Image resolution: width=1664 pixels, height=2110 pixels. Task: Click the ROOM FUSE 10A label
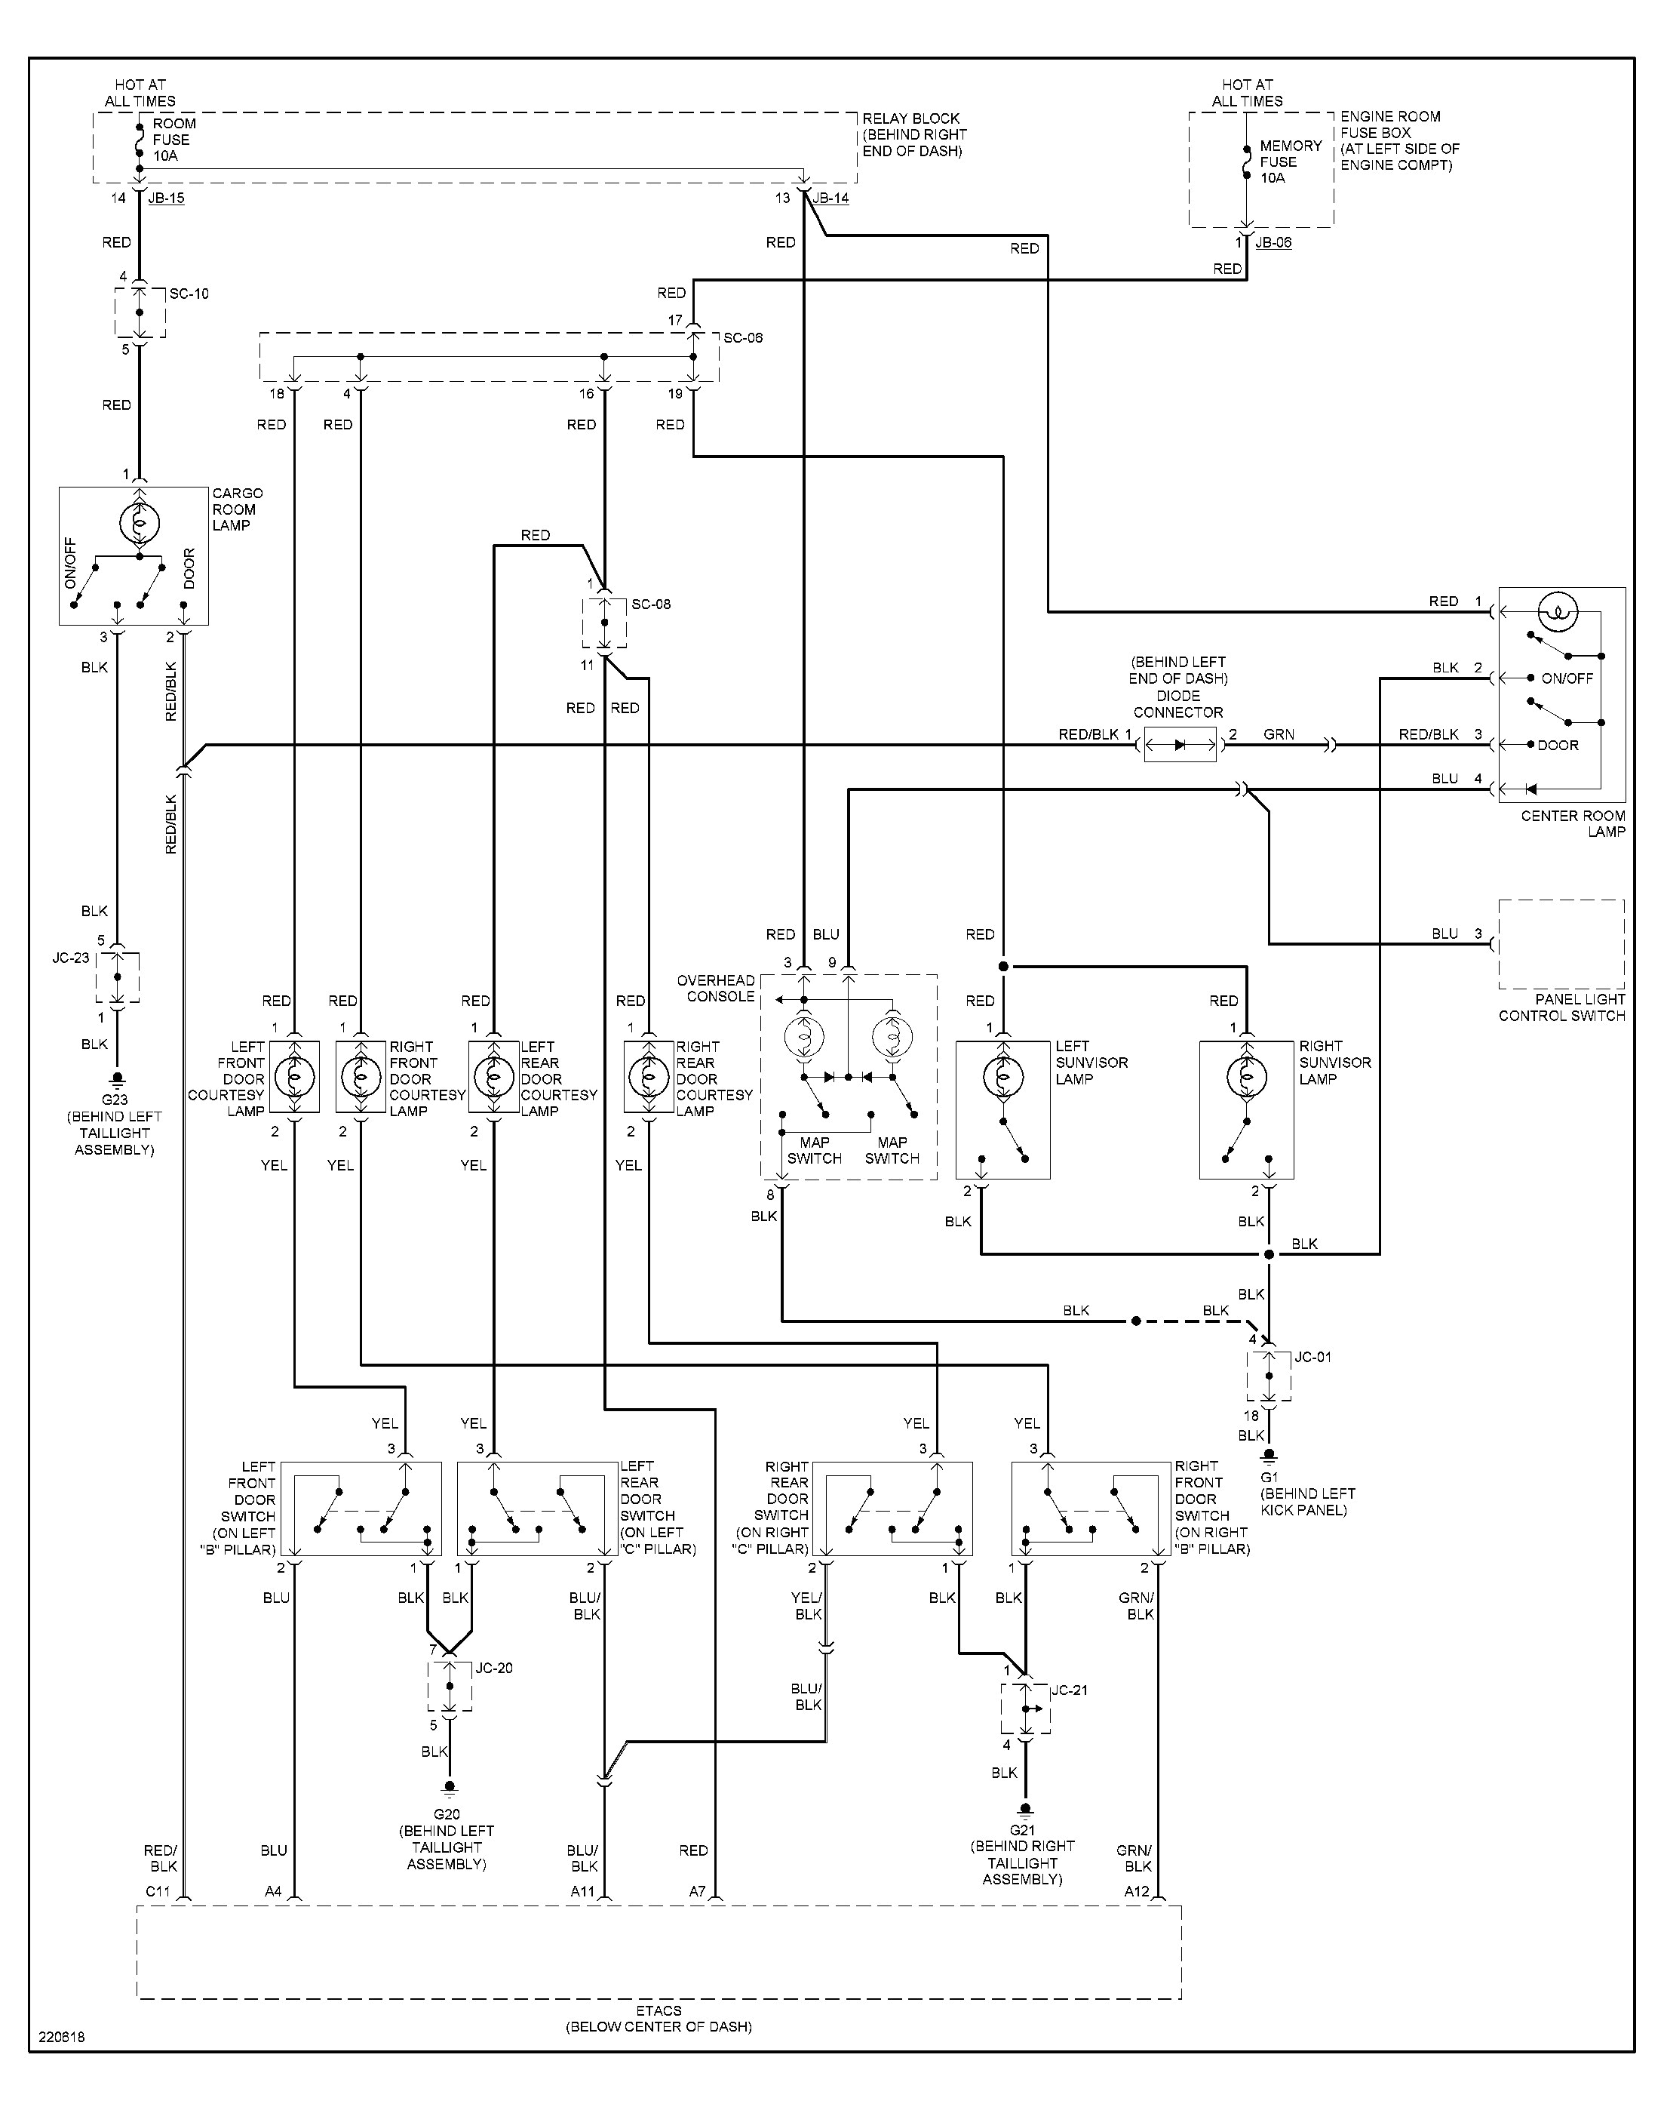[173, 140]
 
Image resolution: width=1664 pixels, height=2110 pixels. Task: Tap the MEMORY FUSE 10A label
[1290, 161]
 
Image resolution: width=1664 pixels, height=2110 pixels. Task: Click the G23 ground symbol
[117, 1080]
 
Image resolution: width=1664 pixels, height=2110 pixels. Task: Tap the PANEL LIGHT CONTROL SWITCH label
[1561, 1007]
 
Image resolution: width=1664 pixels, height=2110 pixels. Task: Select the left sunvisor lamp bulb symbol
[1002, 1077]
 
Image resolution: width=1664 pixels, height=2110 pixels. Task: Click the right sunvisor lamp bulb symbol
[1246, 1077]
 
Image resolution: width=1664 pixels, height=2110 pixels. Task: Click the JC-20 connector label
[494, 1668]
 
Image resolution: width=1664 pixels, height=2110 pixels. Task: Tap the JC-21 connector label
[1069, 1690]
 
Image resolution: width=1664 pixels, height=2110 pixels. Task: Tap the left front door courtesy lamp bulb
[293, 1077]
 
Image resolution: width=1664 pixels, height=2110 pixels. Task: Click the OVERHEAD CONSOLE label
[716, 989]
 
